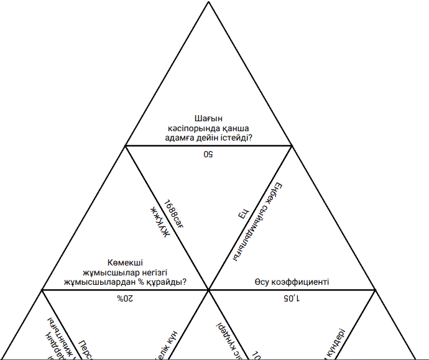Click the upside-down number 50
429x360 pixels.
click(x=208, y=154)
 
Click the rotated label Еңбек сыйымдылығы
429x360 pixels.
click(x=261, y=221)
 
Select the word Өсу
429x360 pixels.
click(x=262, y=282)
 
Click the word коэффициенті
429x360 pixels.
click(x=300, y=282)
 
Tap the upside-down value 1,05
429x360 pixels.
click(x=292, y=298)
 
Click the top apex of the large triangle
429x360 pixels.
click(x=208, y=2)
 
